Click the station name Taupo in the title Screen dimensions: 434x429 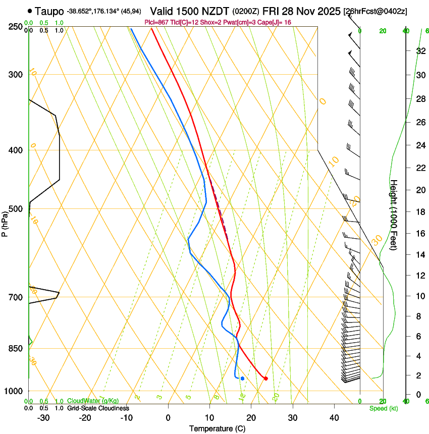click(x=49, y=11)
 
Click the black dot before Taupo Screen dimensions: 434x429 click(x=30, y=11)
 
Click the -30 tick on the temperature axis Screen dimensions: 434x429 click(x=43, y=417)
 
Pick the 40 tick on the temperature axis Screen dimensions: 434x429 click(x=334, y=417)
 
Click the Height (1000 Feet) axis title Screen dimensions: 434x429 click(x=394, y=214)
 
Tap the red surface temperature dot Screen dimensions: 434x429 click(x=265, y=378)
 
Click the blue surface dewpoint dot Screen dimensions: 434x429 click(x=242, y=378)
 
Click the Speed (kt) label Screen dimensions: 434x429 click(x=383, y=408)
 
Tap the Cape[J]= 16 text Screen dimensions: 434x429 click(x=275, y=22)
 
